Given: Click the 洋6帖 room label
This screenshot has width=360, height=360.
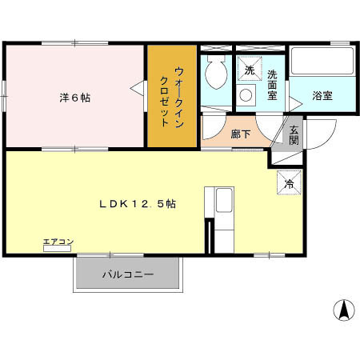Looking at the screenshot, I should pos(74,98).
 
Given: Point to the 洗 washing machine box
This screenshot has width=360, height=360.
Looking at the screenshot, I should pos(249,70).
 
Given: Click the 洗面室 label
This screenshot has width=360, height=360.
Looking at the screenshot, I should pos(273,85).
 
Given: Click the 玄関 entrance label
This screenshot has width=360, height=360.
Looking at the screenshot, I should pos(294,134).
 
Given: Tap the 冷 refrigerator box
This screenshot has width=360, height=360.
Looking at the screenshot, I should pos(290,182).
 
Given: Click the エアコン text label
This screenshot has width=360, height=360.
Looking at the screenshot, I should pos(58,242).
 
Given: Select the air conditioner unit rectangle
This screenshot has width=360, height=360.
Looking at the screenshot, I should pos(58,250).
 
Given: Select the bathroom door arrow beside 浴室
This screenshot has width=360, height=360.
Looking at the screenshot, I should pos(295,100).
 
